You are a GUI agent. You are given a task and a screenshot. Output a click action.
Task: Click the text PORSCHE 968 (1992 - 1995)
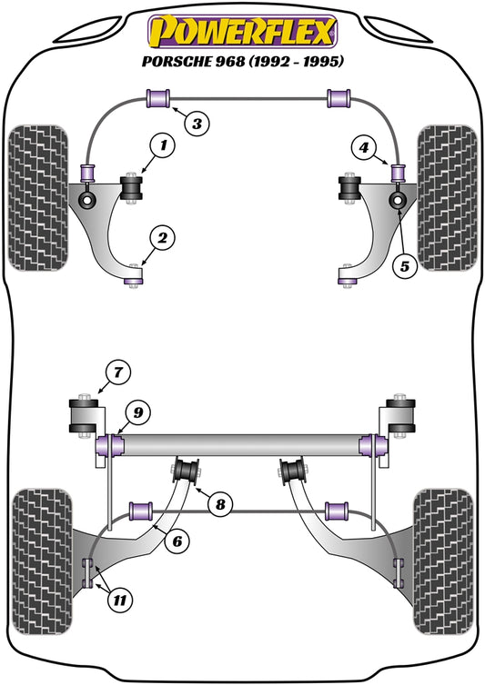click(241, 61)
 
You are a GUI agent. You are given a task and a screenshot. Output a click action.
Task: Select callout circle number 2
click(162, 239)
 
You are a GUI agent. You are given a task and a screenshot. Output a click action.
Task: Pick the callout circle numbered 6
click(179, 541)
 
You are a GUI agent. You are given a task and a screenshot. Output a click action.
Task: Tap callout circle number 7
click(116, 371)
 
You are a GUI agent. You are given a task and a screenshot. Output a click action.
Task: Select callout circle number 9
click(137, 413)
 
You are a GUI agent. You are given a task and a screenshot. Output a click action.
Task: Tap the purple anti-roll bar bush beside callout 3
click(159, 96)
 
